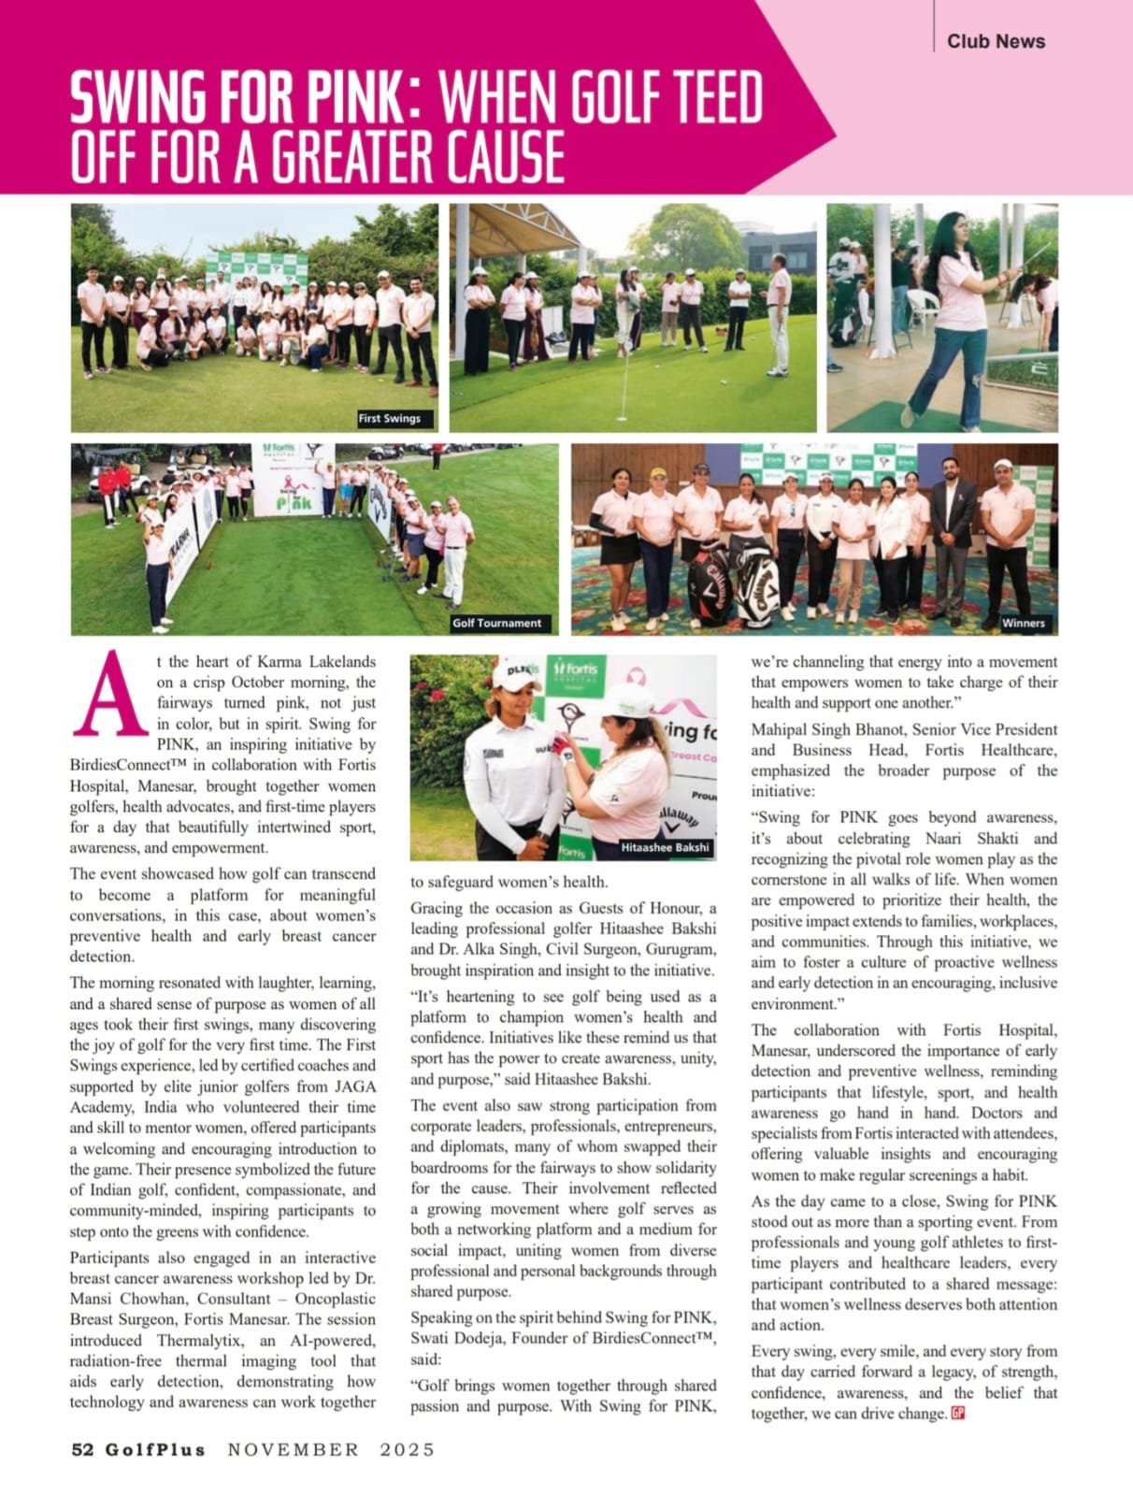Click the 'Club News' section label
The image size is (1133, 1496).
[996, 41]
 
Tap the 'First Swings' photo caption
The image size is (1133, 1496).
[390, 419]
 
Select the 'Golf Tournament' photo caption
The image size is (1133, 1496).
[496, 623]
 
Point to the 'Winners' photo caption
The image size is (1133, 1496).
[1023, 623]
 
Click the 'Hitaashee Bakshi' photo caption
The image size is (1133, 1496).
[666, 848]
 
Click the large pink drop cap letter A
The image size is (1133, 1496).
[110, 695]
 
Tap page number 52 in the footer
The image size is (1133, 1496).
[82, 1450]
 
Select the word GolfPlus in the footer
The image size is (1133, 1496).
[154, 1450]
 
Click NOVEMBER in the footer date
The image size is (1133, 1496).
[294, 1450]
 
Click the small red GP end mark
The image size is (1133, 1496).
[957, 1413]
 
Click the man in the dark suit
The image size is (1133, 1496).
[953, 542]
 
